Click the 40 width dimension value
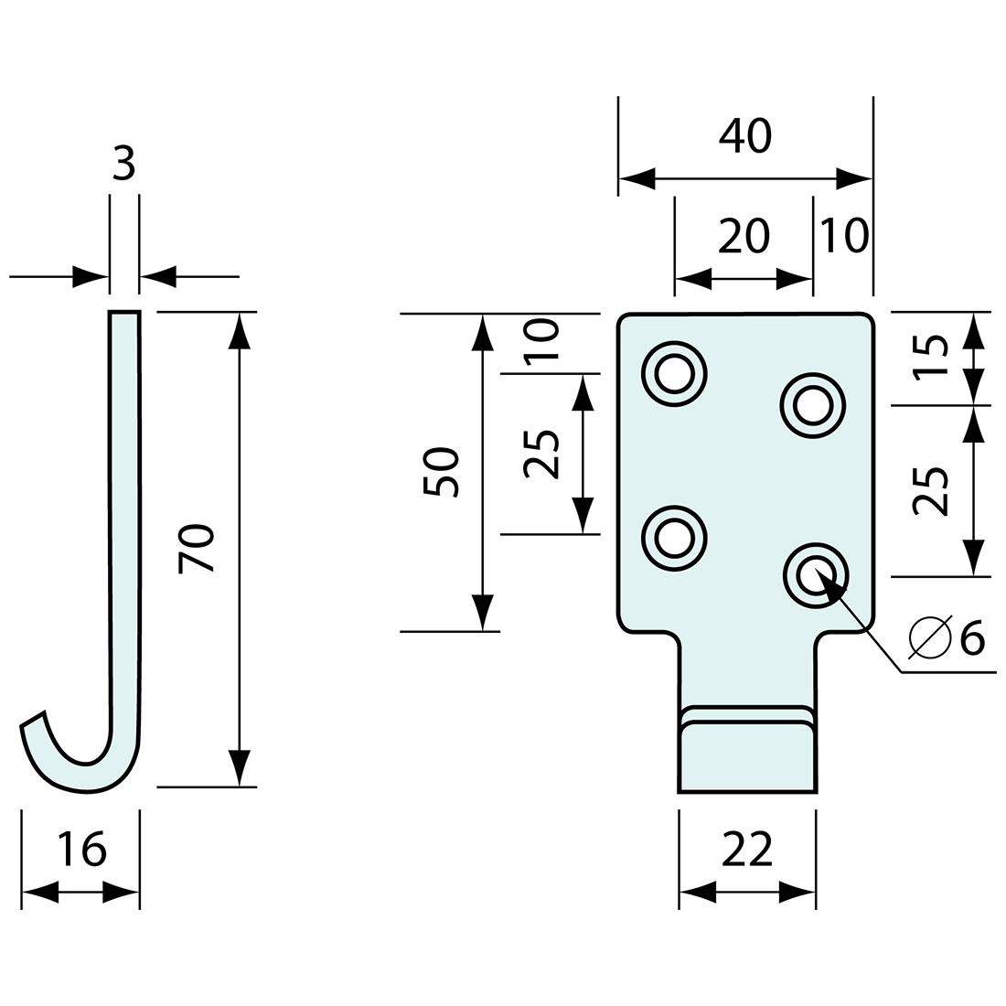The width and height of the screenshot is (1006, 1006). (745, 136)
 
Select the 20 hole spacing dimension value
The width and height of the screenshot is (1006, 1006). (744, 237)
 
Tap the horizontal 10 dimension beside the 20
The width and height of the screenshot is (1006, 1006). (843, 236)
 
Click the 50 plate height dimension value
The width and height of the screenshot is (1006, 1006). (442, 472)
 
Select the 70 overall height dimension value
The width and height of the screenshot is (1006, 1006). (198, 549)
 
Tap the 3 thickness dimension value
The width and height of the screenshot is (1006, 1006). (123, 166)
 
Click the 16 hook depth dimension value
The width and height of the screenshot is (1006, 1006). (80, 850)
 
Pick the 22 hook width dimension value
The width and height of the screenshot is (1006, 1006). (747, 850)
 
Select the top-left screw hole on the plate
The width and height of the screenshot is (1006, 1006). (675, 374)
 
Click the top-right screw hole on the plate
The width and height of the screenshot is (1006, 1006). (812, 403)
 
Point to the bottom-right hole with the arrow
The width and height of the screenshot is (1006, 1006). (812, 576)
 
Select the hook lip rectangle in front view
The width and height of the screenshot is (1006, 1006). (746, 756)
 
